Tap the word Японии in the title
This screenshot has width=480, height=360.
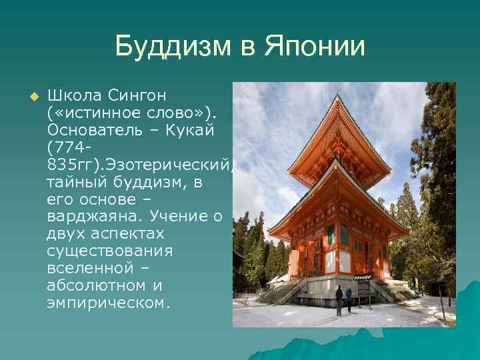[315, 47]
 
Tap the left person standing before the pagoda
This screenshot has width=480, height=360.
[339, 299]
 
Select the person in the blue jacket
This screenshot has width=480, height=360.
[349, 299]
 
